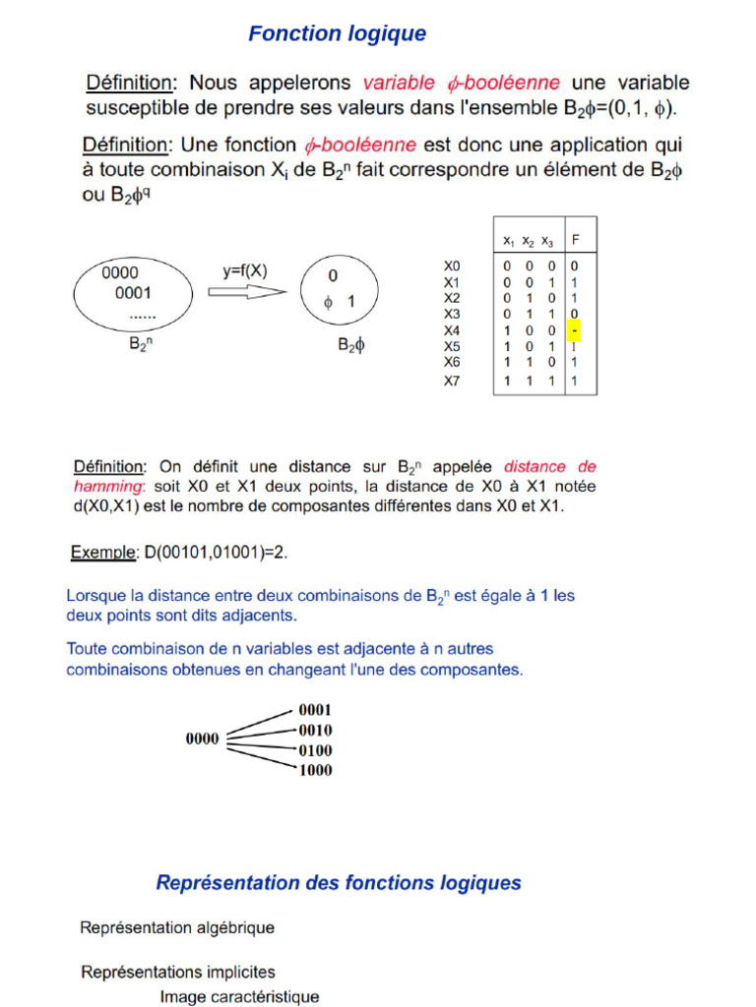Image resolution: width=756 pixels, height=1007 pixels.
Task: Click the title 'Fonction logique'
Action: click(337, 34)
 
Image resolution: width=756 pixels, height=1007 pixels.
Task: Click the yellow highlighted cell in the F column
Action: click(574, 330)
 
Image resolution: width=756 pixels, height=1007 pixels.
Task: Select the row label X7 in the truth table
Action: click(452, 381)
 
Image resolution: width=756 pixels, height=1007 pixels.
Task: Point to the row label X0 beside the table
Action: click(452, 267)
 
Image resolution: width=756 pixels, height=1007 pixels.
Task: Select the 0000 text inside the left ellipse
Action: click(120, 273)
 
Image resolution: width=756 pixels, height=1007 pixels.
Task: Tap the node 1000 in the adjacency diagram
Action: click(315, 771)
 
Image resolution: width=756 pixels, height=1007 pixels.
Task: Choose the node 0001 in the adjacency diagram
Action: click(315, 710)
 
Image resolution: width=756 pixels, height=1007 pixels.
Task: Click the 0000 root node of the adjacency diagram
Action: click(203, 740)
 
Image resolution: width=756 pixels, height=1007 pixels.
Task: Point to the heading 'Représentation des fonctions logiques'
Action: click(339, 883)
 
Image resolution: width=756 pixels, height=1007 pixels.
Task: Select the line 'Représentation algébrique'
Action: click(177, 927)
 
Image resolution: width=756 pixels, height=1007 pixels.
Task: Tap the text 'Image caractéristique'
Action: click(239, 996)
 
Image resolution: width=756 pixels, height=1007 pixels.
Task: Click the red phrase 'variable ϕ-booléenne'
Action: click(462, 83)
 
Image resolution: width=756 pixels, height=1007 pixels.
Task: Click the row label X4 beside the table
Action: click(452, 330)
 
